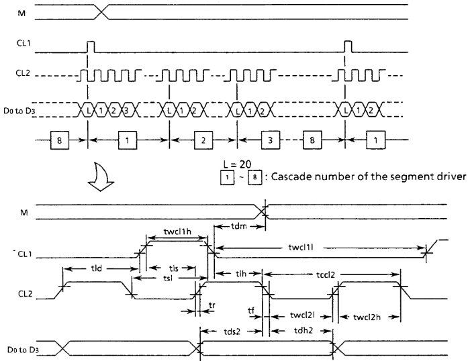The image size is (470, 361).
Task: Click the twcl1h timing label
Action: point(177,231)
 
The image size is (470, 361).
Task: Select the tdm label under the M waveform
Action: point(239,226)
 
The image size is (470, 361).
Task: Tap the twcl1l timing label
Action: point(301,248)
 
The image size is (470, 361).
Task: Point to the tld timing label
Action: point(96,268)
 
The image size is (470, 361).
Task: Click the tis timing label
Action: point(173,268)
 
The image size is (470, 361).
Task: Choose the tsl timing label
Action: point(168,278)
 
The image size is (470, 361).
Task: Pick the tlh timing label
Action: point(241,273)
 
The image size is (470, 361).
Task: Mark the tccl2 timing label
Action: point(325,274)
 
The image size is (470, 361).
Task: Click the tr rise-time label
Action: point(212,305)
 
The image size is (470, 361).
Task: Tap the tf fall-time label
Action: point(251,311)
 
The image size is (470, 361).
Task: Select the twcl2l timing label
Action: point(302,315)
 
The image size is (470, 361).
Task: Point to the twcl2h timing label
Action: point(367,317)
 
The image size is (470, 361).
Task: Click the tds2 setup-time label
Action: point(232,331)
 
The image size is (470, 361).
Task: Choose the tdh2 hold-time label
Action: point(303,330)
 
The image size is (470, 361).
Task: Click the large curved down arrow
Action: point(101,177)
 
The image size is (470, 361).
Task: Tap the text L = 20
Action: point(238,164)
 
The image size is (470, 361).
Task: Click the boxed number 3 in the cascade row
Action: point(271,140)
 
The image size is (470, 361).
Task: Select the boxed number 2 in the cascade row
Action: point(203,140)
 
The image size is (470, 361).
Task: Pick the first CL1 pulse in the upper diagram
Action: point(91,47)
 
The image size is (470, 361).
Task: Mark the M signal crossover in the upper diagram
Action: point(102,12)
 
